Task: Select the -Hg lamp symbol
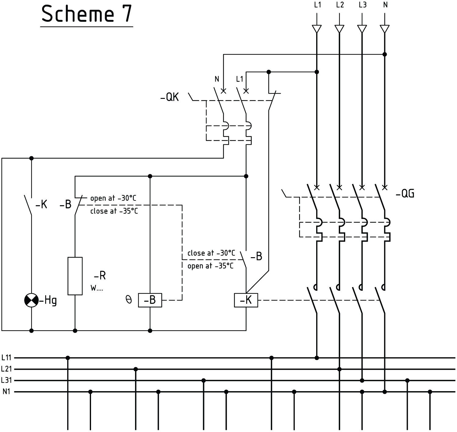pos(31,301)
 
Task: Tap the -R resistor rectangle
pos(75,276)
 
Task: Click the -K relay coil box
pos(246,301)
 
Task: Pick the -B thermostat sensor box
pos(150,301)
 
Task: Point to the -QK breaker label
pos(170,98)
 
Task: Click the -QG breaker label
pos(405,194)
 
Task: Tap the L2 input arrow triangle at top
pos(339,29)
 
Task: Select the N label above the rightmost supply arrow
pos(385,5)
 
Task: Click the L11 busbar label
pos(6,358)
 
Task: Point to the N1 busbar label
pos(6,392)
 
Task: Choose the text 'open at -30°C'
pos(113,198)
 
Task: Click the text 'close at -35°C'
pos(114,211)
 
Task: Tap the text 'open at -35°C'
pos(210,266)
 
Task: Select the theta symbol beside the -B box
pos(129,300)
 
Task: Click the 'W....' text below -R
pos(97,288)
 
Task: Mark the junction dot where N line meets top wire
pos(385,54)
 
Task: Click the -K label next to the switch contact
pos(41,205)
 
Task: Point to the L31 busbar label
pos(6,380)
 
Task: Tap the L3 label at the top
pos(363,5)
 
